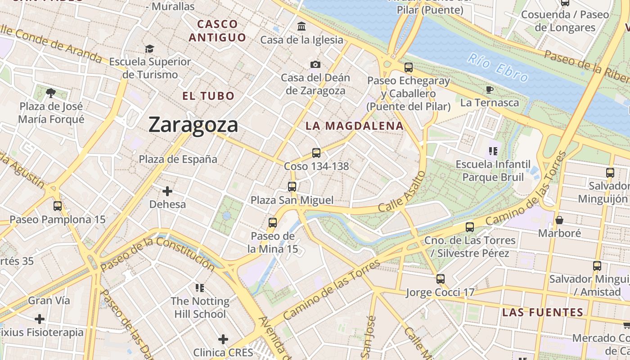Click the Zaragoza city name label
coord(193,125)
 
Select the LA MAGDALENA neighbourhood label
coord(355,126)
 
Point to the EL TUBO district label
coord(208,96)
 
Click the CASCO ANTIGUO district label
coord(217,31)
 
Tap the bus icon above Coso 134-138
coord(316,153)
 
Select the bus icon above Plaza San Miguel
coord(292,186)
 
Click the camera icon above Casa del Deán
coord(315,64)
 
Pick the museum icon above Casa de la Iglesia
coord(301,26)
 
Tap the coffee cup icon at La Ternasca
coord(490,90)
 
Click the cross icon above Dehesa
coord(167,191)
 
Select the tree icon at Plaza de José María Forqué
coord(51,93)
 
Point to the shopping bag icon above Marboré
coord(559,220)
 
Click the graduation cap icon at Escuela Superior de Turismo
coord(149,48)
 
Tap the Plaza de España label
coord(178,159)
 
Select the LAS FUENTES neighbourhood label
coord(543,312)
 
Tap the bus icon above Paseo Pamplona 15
coord(58,206)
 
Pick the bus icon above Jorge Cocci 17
coord(441,279)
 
